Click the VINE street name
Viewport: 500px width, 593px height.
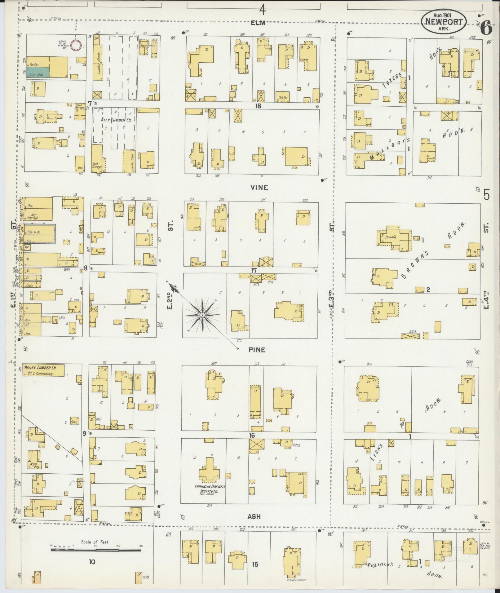tap(260, 188)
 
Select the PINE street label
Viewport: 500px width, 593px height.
tap(257, 350)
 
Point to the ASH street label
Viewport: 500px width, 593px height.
tap(254, 516)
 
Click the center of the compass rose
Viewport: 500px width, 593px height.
tap(202, 315)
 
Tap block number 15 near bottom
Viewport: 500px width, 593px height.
tap(255, 564)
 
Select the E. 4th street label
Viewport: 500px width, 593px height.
tap(485, 299)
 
